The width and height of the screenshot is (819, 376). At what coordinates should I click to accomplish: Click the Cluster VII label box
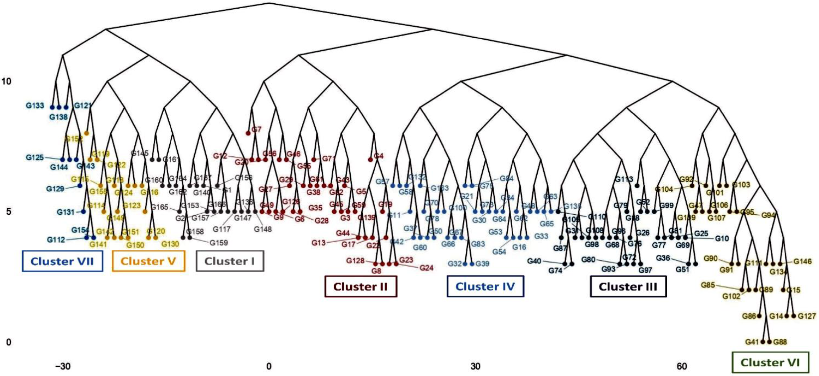click(62, 261)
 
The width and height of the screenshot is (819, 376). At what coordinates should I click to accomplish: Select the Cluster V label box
click(149, 261)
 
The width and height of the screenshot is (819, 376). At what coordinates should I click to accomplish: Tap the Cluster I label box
click(230, 261)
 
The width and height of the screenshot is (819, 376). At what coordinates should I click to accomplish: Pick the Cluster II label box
click(361, 287)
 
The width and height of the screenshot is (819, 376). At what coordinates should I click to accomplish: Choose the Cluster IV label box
click(485, 287)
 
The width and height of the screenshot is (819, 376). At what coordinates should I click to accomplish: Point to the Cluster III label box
click(628, 287)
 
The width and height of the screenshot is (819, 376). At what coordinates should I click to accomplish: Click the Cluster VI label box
click(770, 362)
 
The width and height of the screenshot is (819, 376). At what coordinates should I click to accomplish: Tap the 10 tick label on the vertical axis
click(6, 82)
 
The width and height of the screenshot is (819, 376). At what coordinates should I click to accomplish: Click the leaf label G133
click(35, 106)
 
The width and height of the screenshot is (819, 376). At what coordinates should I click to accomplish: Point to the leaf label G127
click(807, 316)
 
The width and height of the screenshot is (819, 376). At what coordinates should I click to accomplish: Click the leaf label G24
click(426, 268)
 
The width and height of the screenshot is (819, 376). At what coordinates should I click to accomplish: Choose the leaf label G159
click(219, 243)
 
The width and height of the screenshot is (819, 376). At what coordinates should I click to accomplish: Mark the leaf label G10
click(722, 239)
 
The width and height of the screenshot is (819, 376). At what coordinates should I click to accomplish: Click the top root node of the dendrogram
click(269, 3)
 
